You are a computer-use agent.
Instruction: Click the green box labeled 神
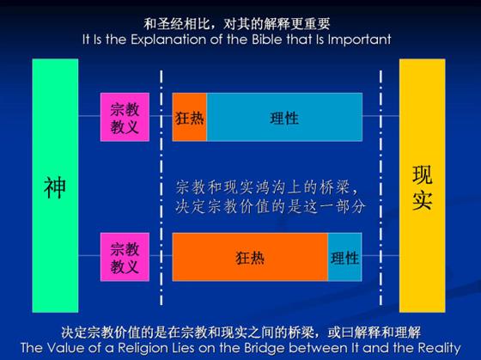tap(55, 186)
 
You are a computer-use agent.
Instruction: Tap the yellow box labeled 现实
tap(422, 186)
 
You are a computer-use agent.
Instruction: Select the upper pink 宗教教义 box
tap(125, 117)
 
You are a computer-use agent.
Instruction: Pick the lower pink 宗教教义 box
tap(125, 257)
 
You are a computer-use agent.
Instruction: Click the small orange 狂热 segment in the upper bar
tap(190, 117)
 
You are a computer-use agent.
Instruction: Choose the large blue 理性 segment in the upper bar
tap(284, 117)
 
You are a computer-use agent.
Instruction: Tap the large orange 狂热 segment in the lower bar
tap(250, 257)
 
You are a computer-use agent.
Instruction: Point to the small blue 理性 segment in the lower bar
tap(344, 257)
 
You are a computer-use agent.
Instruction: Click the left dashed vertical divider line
tap(161, 188)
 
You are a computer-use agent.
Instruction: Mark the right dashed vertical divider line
tap(381, 188)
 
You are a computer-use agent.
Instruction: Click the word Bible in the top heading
tap(268, 40)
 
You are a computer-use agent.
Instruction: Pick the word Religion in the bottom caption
tap(142, 348)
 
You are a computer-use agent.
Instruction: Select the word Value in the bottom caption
tap(67, 348)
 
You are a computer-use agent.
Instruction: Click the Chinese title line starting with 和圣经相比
tap(237, 24)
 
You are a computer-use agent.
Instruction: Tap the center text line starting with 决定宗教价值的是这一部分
tap(271, 206)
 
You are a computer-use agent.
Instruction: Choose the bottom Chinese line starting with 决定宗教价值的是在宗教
tap(240, 333)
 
